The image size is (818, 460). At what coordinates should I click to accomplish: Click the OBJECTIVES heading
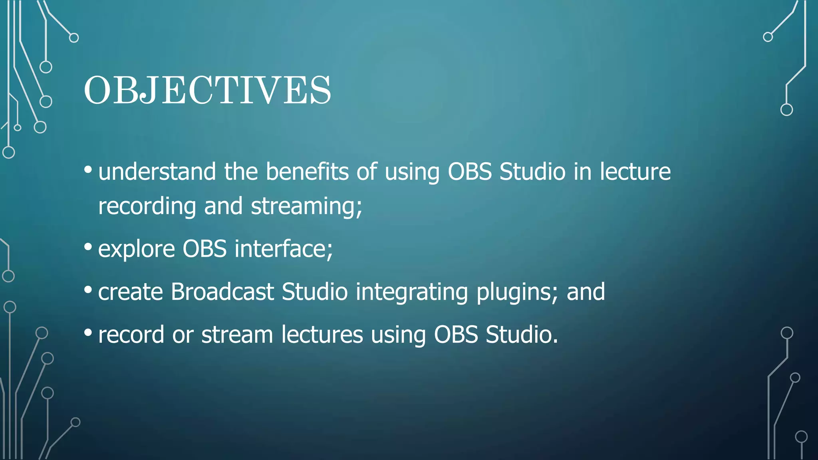click(207, 91)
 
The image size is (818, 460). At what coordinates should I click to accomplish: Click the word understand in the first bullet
click(157, 172)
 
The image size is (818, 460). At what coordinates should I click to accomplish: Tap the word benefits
click(307, 172)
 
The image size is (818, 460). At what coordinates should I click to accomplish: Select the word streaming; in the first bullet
click(306, 207)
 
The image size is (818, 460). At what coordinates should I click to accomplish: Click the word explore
click(136, 249)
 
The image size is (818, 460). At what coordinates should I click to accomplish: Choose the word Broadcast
click(222, 291)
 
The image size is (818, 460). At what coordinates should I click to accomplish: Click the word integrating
click(411, 292)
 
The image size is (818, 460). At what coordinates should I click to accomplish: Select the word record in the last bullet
click(131, 335)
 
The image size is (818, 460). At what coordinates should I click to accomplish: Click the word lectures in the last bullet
click(322, 334)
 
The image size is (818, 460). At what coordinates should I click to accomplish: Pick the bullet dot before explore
click(88, 247)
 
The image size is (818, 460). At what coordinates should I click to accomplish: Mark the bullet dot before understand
click(88, 170)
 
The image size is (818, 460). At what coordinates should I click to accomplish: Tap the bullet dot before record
click(88, 332)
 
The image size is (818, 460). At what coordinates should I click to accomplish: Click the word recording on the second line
click(147, 207)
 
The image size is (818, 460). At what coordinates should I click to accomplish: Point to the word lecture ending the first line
click(635, 172)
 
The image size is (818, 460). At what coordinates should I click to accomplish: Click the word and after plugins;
click(586, 292)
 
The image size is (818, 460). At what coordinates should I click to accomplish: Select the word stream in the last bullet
click(237, 335)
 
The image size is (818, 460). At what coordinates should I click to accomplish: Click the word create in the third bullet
click(130, 292)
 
